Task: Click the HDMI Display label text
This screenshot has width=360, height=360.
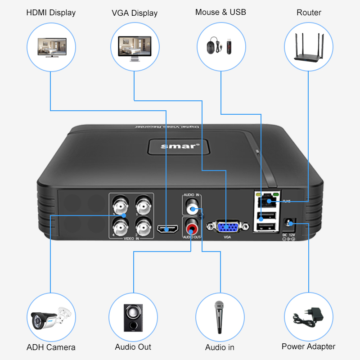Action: [51, 13]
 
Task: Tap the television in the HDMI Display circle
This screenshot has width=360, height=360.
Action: [51, 46]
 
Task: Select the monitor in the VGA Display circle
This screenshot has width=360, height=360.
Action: [135, 46]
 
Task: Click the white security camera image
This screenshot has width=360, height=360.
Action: [49, 318]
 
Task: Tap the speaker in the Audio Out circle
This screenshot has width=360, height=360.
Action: [134, 318]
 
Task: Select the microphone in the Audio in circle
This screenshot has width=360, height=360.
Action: [220, 317]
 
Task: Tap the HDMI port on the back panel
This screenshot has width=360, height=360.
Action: [167, 229]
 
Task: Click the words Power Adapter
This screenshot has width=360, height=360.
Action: [308, 346]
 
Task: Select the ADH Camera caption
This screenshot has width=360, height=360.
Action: [51, 347]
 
